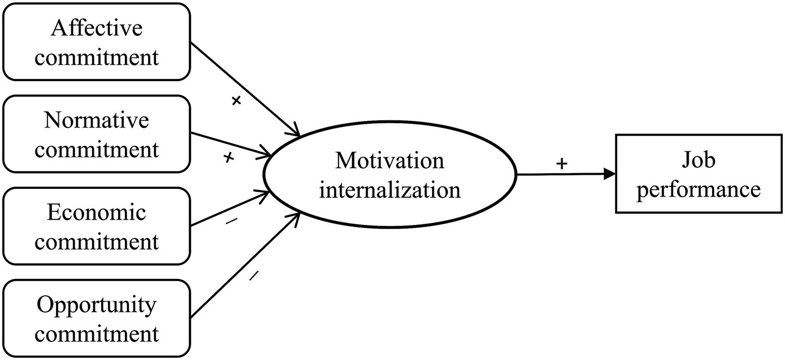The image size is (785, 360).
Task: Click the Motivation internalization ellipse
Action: pos(390,175)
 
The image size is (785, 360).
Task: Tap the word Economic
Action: pos(96,212)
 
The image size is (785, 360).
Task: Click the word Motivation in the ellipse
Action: pos(390,161)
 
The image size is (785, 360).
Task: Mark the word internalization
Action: pos(390,190)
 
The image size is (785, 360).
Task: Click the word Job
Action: pos(699,161)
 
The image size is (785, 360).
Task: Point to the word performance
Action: pos(698,190)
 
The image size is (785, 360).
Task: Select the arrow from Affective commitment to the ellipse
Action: pos(245,89)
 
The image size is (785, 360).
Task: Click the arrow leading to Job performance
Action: pos(567,175)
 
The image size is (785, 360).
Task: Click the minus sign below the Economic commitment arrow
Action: pos(232,221)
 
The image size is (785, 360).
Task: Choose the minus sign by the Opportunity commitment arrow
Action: pos(253,276)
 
